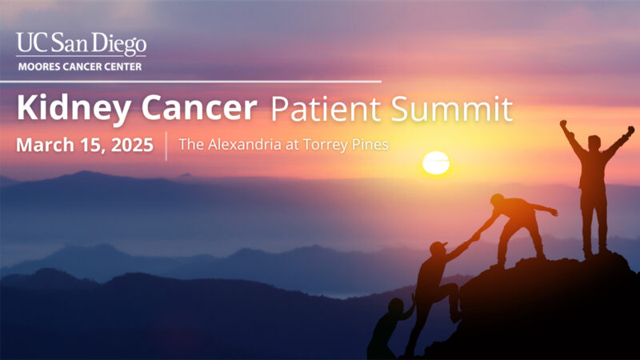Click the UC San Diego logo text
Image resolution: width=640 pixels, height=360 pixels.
[81, 45]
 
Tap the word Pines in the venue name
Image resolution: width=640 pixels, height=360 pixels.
[370, 146]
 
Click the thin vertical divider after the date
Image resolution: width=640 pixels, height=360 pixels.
[166, 146]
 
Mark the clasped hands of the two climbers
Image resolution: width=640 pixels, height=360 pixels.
[474, 237]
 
